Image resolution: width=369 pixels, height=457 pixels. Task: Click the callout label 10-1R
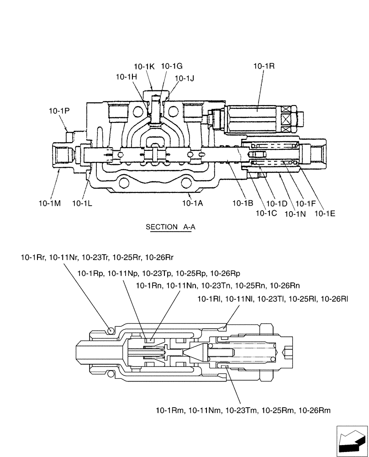click(264, 66)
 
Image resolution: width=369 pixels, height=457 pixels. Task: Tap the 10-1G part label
click(171, 66)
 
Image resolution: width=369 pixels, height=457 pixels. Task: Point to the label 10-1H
click(127, 77)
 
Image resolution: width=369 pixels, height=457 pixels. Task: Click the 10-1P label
click(59, 110)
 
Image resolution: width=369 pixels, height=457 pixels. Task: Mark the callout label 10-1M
click(49, 203)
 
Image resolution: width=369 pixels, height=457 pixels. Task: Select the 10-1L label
click(83, 203)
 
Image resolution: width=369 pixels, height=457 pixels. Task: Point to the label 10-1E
click(324, 213)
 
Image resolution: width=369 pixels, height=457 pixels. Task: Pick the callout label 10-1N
click(295, 213)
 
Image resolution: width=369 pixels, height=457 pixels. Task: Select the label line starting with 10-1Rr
click(97, 258)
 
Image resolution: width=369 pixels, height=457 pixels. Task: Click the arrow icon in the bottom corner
click(352, 441)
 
